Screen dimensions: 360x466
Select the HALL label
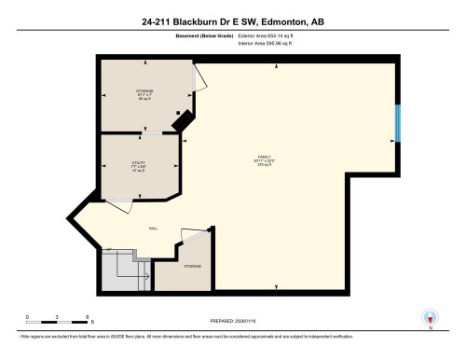coord(152,228)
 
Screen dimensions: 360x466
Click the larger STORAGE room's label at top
coord(144,92)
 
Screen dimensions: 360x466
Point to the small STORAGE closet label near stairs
coord(192,266)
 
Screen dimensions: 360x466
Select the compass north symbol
coord(429,316)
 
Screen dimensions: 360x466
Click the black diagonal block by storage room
coord(185,119)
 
